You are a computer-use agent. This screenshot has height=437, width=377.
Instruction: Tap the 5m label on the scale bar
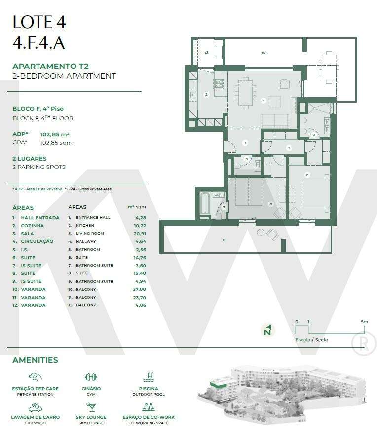click(x=364, y=322)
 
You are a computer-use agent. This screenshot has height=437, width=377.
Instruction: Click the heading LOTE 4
click(x=39, y=22)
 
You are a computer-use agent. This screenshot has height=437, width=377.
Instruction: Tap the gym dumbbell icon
click(x=91, y=377)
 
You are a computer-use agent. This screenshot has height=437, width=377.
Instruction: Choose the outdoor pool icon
click(x=149, y=377)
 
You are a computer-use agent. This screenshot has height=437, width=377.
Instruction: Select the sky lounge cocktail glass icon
click(x=91, y=407)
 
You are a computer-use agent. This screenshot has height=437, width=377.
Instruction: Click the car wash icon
click(x=35, y=407)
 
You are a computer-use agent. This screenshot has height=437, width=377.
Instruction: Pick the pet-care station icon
click(x=35, y=377)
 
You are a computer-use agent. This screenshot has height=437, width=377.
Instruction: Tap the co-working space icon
click(x=149, y=407)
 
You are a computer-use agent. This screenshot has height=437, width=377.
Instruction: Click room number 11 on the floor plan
click(x=224, y=240)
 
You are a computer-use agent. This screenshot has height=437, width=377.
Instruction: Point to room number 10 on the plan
click(x=263, y=52)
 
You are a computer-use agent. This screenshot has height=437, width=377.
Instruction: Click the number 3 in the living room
click(x=264, y=101)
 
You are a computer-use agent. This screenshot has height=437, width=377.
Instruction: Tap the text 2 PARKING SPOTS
click(x=39, y=167)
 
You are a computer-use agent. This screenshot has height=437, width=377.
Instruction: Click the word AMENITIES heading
click(x=35, y=360)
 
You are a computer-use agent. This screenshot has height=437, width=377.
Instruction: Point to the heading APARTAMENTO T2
click(x=50, y=66)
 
